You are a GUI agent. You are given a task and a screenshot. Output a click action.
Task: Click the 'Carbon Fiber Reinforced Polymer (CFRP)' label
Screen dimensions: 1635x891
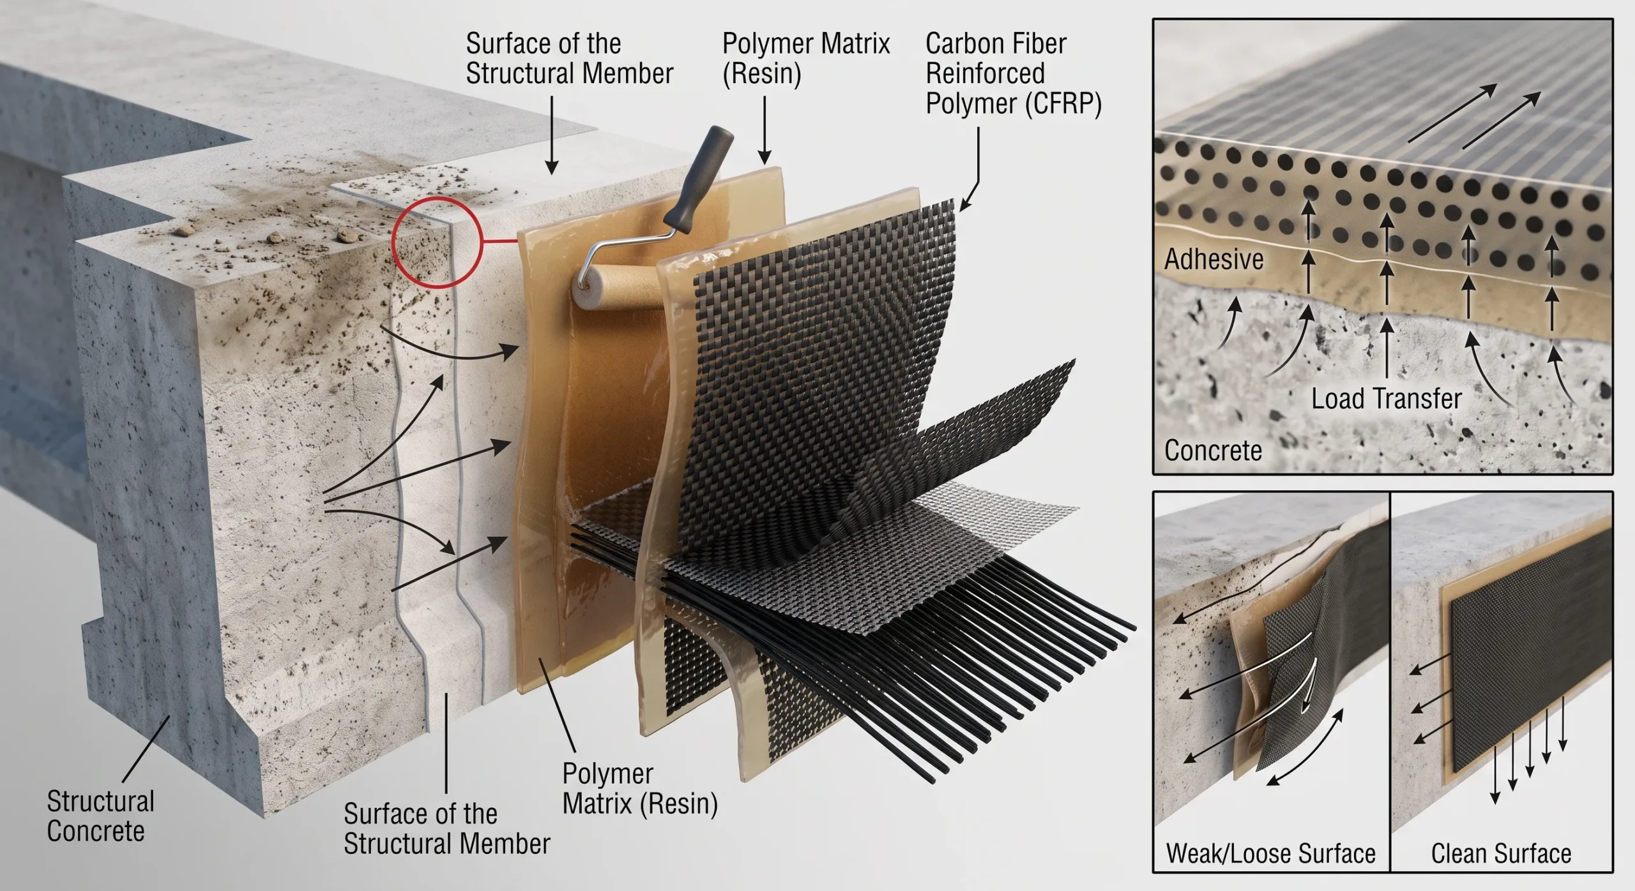point(1014,73)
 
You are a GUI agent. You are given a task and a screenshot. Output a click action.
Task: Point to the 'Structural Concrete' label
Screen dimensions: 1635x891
point(100,816)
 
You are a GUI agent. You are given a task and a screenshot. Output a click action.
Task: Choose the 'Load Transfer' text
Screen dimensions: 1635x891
point(1387,399)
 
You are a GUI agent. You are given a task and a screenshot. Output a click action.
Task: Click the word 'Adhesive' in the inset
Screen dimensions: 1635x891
point(1213,259)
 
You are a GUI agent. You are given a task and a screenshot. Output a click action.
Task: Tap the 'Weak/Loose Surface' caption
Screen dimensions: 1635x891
point(1270,853)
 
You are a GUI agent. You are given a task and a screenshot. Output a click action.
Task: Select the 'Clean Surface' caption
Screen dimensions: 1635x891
point(1501,853)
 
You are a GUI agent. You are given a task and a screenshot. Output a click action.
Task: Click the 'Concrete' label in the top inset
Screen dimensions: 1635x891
point(1213,451)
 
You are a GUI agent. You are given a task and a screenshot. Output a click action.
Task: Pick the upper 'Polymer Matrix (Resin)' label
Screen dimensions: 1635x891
point(806,59)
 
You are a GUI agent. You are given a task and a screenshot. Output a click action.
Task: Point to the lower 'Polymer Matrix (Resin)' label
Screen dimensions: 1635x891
point(640,789)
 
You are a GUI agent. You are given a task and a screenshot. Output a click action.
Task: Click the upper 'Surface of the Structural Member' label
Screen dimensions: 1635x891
point(569,59)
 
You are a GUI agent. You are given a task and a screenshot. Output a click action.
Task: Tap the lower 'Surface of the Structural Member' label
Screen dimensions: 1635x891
point(446,829)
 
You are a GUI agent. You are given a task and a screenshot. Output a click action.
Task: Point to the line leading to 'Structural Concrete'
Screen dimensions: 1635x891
point(146,748)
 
